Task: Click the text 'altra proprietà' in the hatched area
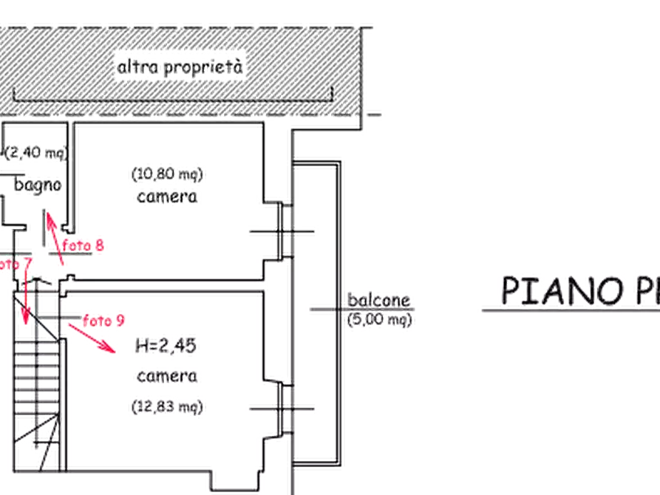point(180,69)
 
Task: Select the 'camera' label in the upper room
point(167,197)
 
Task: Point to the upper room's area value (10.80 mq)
point(168,174)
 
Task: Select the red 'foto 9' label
point(102,320)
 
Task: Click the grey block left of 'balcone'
point(320,310)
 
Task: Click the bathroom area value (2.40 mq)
point(33,152)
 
